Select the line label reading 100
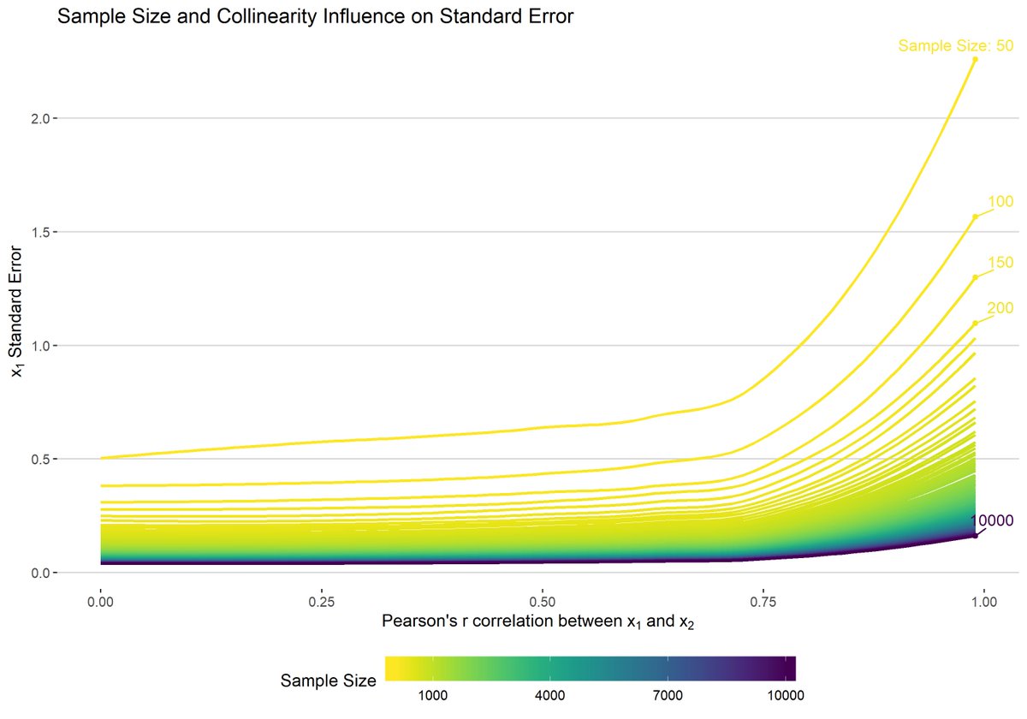point(1000,202)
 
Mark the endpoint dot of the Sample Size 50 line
point(975,59)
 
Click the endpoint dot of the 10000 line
point(975,536)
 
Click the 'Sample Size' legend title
point(329,681)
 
